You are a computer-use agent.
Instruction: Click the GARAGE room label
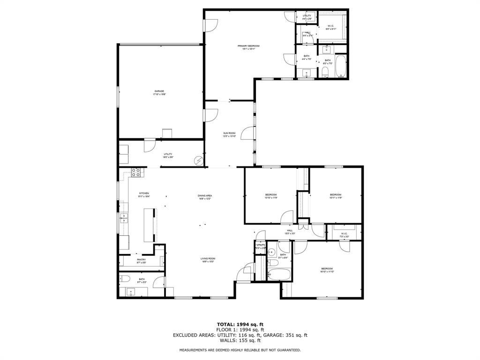(x=159, y=91)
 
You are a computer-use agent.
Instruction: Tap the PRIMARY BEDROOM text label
(x=248, y=46)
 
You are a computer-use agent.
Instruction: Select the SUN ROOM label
(x=229, y=134)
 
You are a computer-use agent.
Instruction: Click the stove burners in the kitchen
(x=136, y=172)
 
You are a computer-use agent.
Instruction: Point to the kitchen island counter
(x=149, y=225)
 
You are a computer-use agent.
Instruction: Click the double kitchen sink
(x=123, y=217)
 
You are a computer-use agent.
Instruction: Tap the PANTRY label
(x=141, y=260)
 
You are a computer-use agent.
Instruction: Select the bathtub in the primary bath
(x=340, y=67)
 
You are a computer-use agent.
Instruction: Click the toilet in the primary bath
(x=325, y=72)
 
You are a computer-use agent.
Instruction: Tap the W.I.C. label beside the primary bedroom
(x=330, y=26)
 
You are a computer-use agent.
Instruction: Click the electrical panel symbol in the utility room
(x=199, y=161)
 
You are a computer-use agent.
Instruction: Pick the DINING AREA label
(x=205, y=195)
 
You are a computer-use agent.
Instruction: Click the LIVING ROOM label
(x=208, y=258)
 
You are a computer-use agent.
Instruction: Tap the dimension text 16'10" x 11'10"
(x=327, y=271)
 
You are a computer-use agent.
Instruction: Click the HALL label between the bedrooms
(x=290, y=230)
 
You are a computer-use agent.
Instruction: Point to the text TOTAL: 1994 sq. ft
(x=240, y=324)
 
